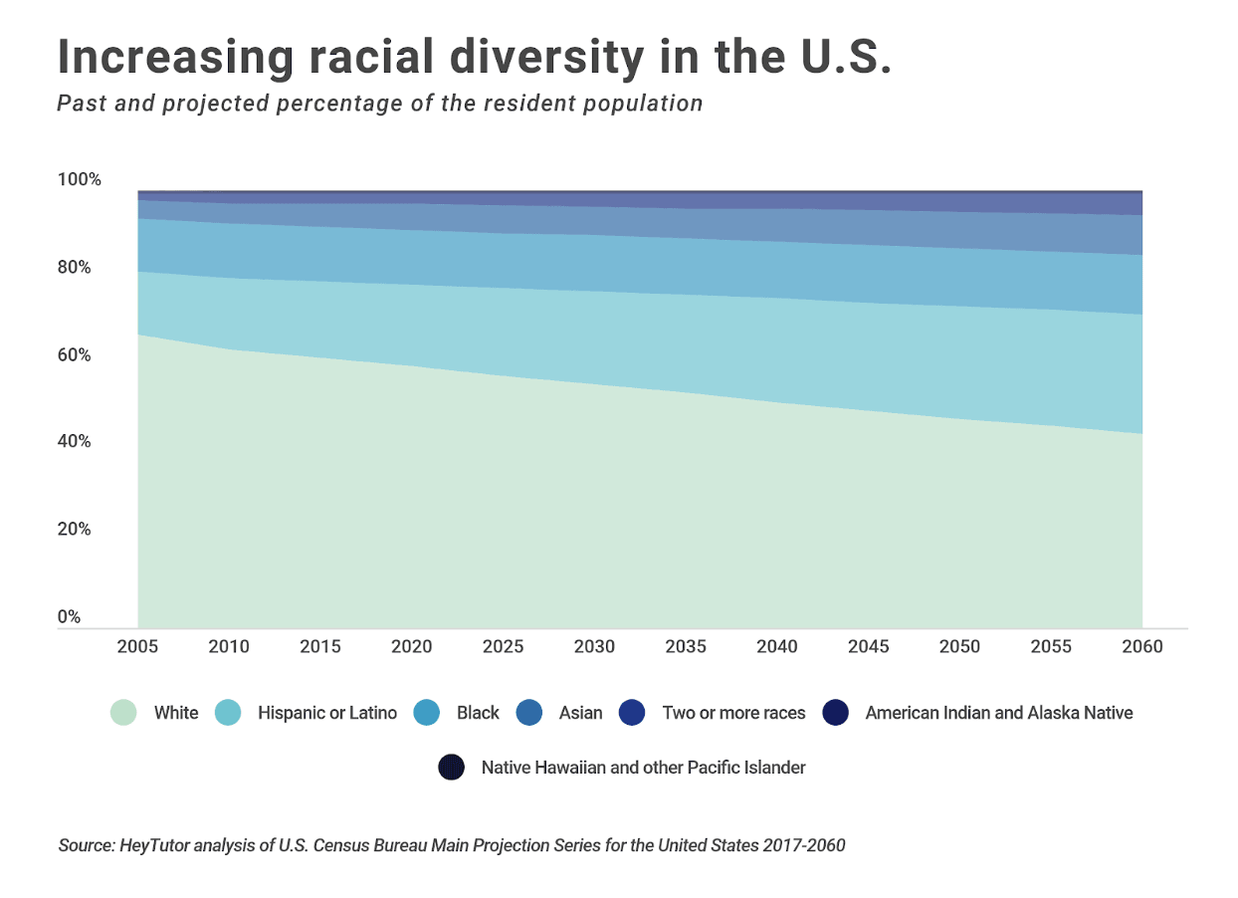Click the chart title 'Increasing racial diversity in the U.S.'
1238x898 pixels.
point(474,57)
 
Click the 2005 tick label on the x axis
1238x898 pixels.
point(137,647)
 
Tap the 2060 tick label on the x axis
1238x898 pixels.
point(1141,647)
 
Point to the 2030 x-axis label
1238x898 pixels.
point(594,647)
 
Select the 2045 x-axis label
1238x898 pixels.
point(868,647)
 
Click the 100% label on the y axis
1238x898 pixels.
point(80,180)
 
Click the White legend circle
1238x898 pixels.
point(123,713)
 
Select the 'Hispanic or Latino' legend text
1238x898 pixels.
point(326,713)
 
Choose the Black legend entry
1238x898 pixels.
point(478,713)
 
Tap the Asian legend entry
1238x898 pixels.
point(580,713)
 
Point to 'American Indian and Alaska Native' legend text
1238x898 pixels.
point(998,713)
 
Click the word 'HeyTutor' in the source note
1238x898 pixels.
point(151,846)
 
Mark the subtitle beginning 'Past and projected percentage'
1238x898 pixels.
point(379,104)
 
